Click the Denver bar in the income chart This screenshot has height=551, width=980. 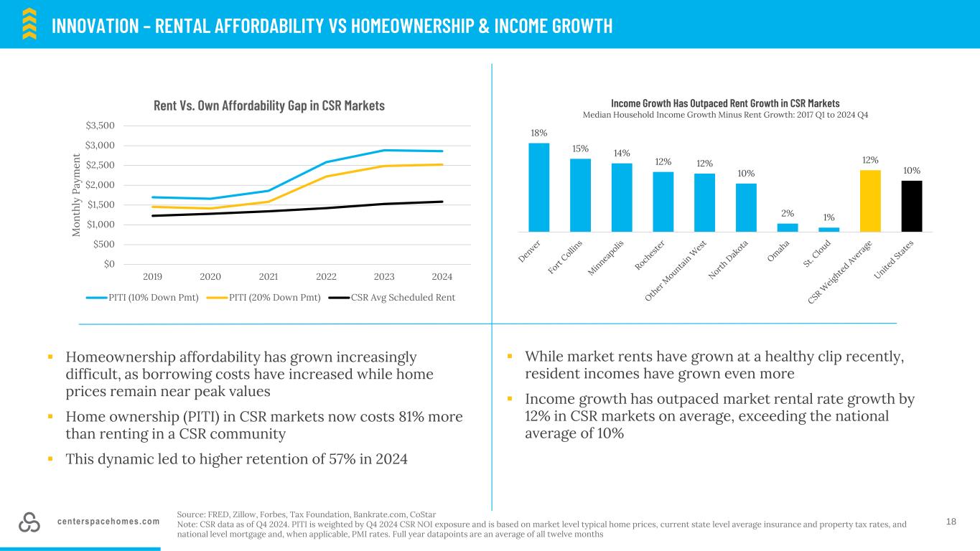[x=538, y=187]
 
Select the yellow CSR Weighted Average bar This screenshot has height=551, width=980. [x=869, y=201]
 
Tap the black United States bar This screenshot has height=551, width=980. [x=911, y=206]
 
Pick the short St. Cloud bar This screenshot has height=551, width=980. [x=829, y=230]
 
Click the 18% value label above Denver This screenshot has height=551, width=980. [x=538, y=133]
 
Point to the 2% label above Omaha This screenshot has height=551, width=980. [x=787, y=214]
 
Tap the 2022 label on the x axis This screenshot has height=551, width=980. [x=326, y=276]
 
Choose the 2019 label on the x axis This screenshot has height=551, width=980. [x=153, y=276]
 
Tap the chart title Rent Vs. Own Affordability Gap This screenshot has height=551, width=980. [x=269, y=105]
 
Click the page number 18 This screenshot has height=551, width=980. [x=951, y=522]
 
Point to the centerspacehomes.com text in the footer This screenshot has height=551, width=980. [x=108, y=522]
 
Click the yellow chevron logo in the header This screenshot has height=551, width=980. [x=29, y=24]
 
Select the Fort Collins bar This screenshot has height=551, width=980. [x=580, y=195]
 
